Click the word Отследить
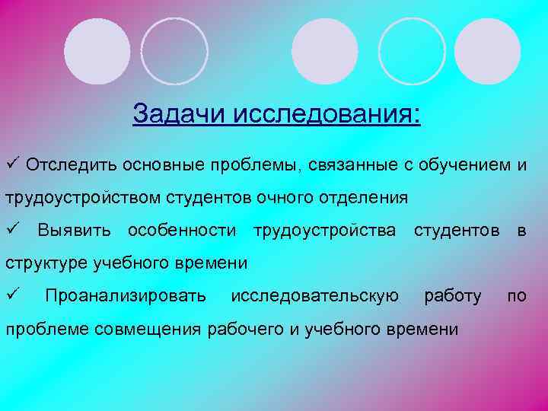68,165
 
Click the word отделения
363,198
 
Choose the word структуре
46,263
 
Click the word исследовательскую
314,295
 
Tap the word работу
453,295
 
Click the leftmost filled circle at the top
97,51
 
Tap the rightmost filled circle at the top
488,51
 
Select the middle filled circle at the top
325,51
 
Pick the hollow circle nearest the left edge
174,51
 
